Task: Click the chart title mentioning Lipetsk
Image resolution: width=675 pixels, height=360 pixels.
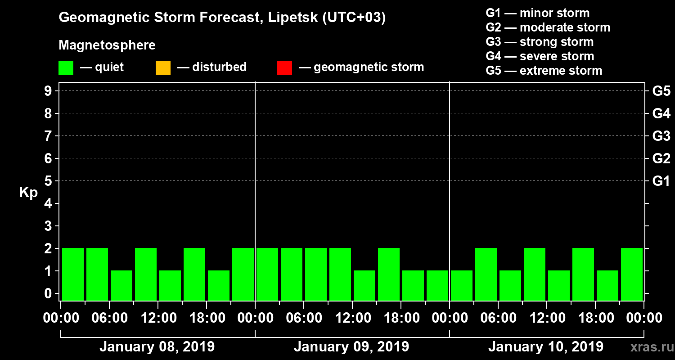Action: [222, 18]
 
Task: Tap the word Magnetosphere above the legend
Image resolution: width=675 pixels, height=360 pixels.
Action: [107, 45]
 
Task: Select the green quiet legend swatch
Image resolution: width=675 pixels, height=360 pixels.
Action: [66, 68]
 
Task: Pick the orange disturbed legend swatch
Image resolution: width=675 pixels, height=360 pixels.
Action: [163, 68]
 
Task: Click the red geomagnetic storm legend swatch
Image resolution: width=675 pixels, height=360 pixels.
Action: [284, 68]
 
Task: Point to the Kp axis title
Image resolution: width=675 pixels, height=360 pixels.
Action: [28, 193]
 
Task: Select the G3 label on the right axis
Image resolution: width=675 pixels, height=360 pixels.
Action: [661, 136]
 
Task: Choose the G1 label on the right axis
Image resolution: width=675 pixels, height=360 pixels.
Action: [661, 181]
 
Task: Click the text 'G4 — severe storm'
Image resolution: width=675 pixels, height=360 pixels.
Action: [540, 56]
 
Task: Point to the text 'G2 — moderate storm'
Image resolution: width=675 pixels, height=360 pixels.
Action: [548, 27]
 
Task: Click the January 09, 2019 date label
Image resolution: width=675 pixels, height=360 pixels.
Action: [351, 347]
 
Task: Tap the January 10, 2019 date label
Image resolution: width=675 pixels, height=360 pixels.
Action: [546, 347]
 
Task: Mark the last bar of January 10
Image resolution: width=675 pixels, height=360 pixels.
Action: [632, 274]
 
